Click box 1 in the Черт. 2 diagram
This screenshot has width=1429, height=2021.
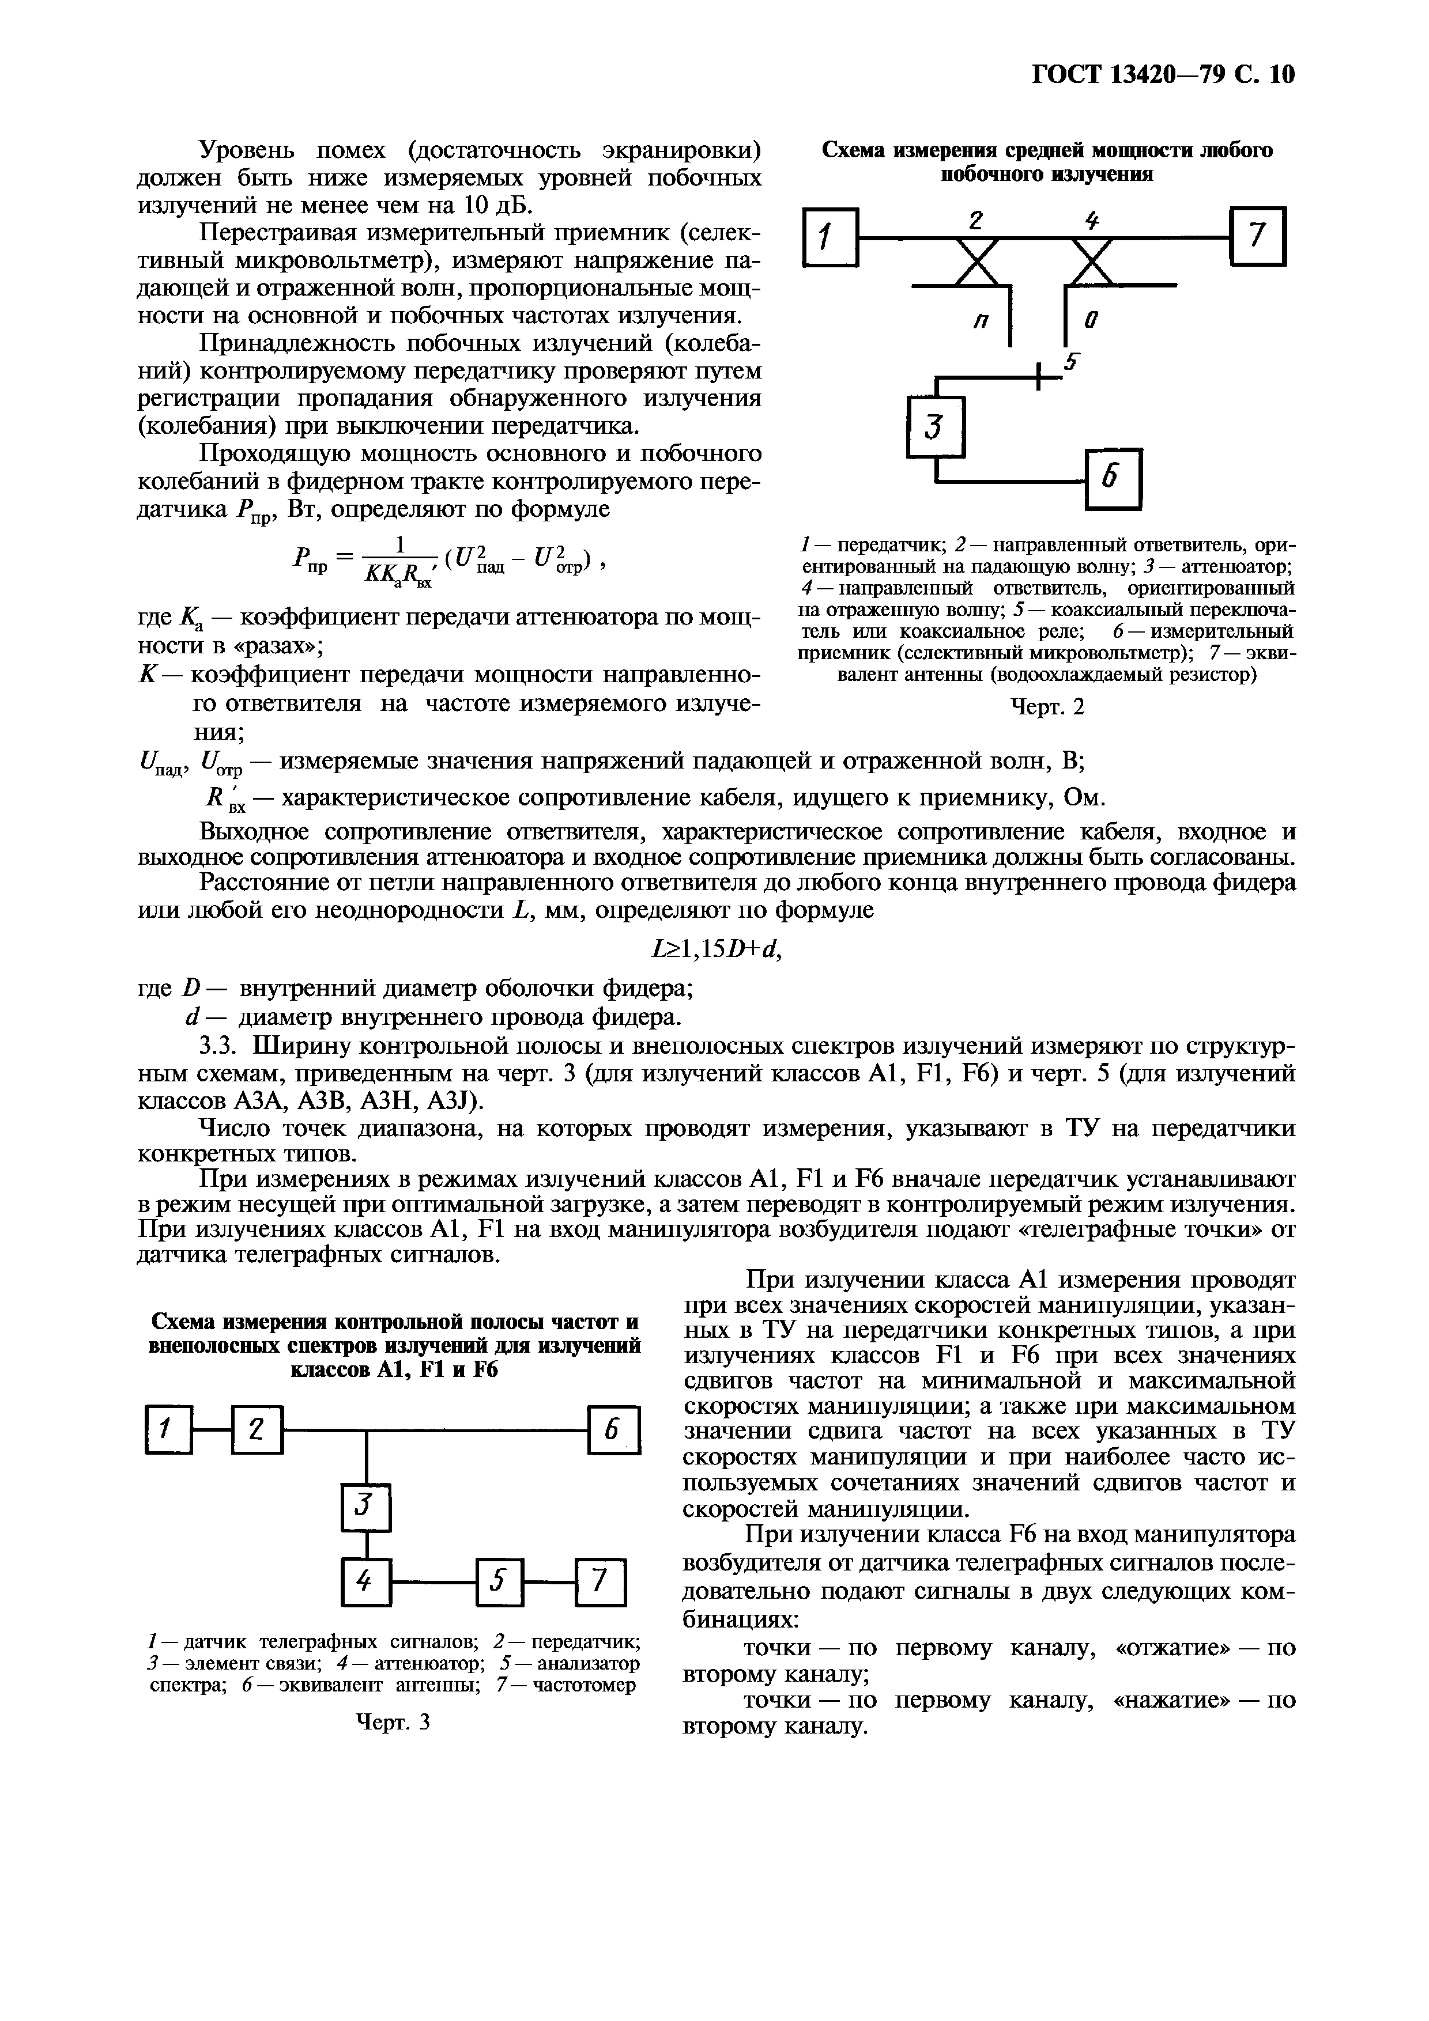(x=830, y=237)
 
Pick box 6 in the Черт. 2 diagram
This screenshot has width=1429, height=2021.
(x=1114, y=480)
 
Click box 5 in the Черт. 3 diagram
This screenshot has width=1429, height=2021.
(x=499, y=1582)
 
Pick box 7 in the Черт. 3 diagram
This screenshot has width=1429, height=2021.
(x=599, y=1582)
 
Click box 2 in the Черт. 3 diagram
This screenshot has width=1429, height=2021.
(x=256, y=1431)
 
